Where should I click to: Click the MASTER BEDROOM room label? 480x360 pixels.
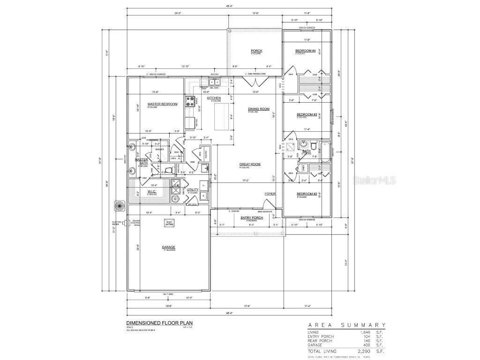click(162, 104)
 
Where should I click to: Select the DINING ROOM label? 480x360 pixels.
click(259, 109)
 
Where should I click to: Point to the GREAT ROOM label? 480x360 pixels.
click(250, 165)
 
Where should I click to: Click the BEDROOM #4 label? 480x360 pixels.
click(307, 51)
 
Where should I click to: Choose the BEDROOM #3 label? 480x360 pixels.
click(307, 114)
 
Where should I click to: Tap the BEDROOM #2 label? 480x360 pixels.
click(307, 194)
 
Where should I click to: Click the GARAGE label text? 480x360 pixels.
click(168, 247)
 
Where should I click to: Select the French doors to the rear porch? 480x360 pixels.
click(258, 83)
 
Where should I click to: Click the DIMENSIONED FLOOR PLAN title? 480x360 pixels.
click(152, 323)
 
